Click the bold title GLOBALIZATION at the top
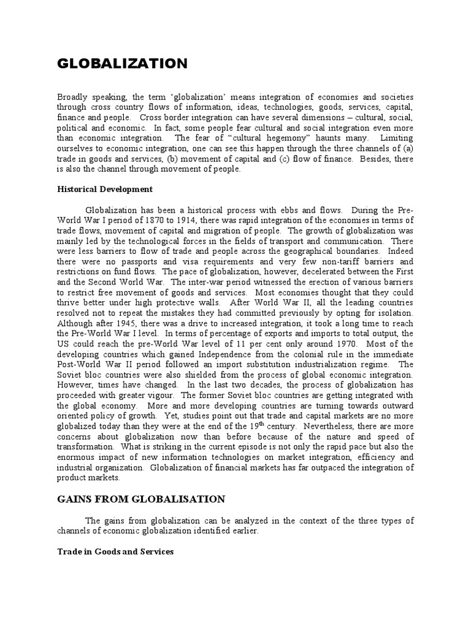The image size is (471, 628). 122,64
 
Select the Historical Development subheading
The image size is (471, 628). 104,189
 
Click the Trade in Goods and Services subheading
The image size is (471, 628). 115,551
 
